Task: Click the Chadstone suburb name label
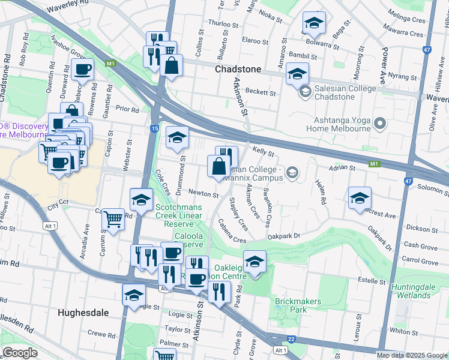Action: [238, 69]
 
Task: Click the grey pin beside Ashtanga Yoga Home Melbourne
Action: [379, 124]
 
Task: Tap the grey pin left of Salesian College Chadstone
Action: [305, 92]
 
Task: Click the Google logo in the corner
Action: [20, 353]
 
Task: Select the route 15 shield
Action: [154, 128]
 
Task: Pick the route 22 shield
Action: [291, 339]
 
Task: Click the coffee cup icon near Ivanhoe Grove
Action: [83, 69]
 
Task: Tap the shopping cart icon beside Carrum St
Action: [113, 220]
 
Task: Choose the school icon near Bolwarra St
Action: [313, 23]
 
